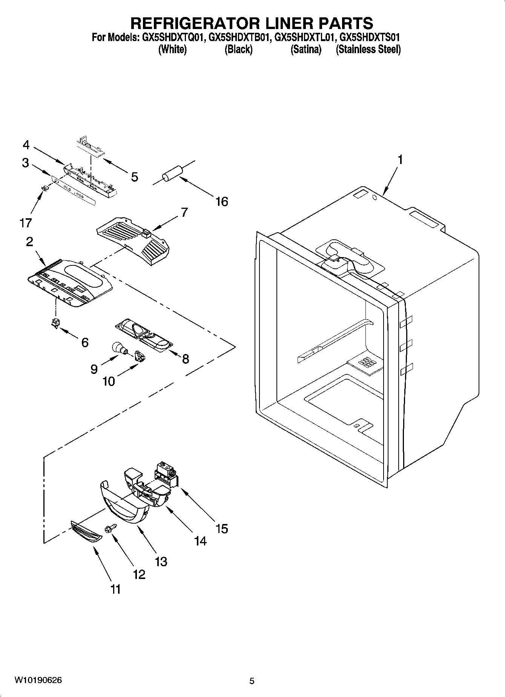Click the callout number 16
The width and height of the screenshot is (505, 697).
click(222, 202)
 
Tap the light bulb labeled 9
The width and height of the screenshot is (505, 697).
click(119, 348)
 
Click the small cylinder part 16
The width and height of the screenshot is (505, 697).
click(172, 173)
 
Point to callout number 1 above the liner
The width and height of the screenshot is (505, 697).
click(400, 160)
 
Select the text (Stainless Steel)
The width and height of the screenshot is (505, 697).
click(368, 49)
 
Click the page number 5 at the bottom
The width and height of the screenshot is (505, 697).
click(252, 681)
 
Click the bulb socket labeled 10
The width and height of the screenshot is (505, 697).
click(140, 355)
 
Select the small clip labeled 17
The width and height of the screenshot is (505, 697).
click(45, 188)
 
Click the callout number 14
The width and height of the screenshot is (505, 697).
click(201, 541)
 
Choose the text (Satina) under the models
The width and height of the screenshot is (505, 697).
click(305, 49)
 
